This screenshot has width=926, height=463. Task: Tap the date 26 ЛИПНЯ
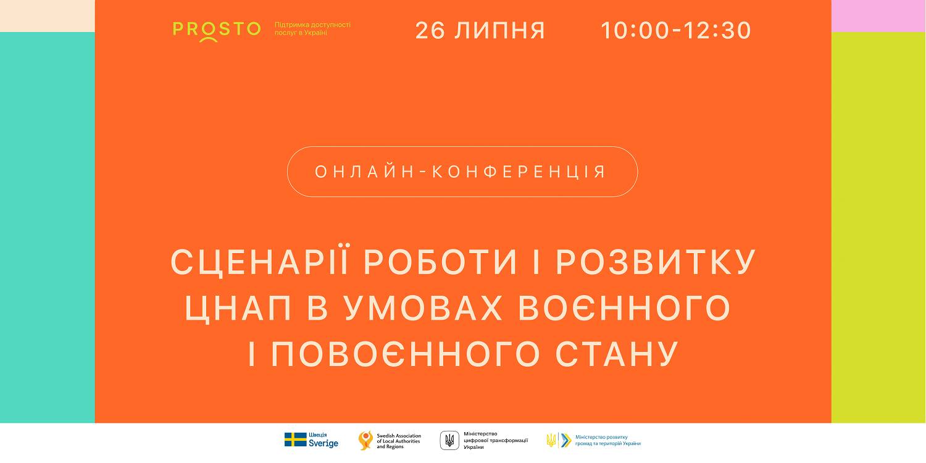[480, 31]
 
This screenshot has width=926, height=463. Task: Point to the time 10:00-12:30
[675, 31]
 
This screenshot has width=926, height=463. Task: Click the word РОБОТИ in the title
[440, 262]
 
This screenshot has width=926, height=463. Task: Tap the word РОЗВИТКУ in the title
[656, 262]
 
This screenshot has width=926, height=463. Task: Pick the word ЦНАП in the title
[238, 309]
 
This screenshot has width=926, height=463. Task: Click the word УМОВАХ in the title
[423, 308]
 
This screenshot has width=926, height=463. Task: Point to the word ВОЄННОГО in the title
[624, 308]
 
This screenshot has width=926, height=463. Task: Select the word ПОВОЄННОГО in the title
[406, 354]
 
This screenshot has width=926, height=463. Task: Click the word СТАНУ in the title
[617, 354]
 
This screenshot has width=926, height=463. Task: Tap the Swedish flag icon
[295, 440]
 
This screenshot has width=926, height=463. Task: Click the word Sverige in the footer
[323, 444]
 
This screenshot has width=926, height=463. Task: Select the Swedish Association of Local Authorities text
[399, 441]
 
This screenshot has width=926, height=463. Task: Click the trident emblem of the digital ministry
[449, 440]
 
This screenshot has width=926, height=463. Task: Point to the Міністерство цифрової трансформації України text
[496, 441]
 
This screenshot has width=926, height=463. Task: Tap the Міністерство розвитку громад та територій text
[607, 440]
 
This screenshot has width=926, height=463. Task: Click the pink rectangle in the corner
[878, 15]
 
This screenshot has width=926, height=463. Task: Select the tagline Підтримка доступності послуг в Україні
[312, 28]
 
